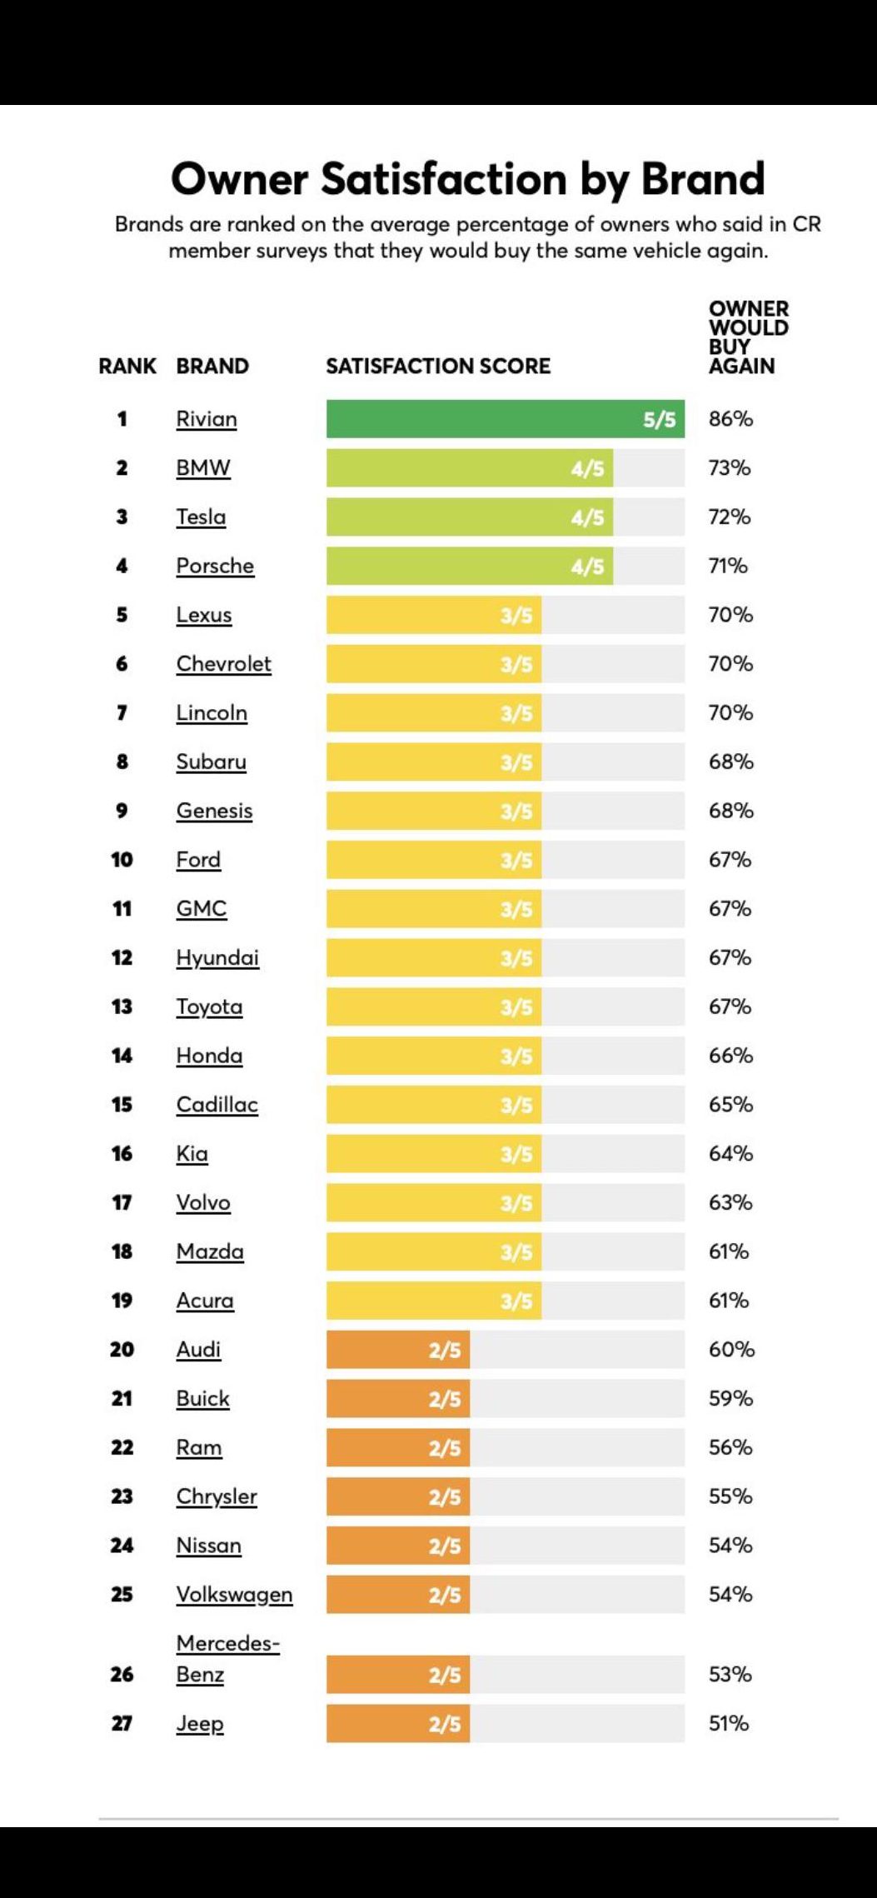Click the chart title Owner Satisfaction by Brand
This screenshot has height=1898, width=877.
tap(467, 178)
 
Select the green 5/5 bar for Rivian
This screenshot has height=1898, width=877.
tap(505, 419)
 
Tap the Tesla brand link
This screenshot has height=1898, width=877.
tap(201, 517)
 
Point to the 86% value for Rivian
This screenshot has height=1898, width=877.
tap(730, 419)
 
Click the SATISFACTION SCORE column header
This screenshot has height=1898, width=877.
tap(438, 366)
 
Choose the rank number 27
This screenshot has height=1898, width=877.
tap(122, 1723)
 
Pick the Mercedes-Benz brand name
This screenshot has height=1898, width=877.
tap(227, 1658)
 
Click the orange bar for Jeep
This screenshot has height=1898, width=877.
tap(397, 1723)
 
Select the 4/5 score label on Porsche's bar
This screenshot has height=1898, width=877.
tap(587, 567)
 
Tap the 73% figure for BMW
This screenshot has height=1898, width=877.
tap(730, 468)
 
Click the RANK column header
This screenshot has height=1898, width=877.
tap(127, 366)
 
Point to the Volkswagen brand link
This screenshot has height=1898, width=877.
tap(234, 1594)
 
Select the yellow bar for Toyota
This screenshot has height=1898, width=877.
tap(433, 1006)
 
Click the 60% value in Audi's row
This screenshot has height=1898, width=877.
tap(731, 1349)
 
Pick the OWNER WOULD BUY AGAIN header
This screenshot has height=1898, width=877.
tap(747, 337)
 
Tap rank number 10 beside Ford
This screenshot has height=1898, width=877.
tap(122, 860)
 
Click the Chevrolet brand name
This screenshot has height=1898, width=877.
tap(223, 664)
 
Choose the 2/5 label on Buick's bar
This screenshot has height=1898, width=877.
tap(445, 1399)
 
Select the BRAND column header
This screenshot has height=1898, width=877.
tap(212, 366)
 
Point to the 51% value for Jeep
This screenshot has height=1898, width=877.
tap(729, 1723)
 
